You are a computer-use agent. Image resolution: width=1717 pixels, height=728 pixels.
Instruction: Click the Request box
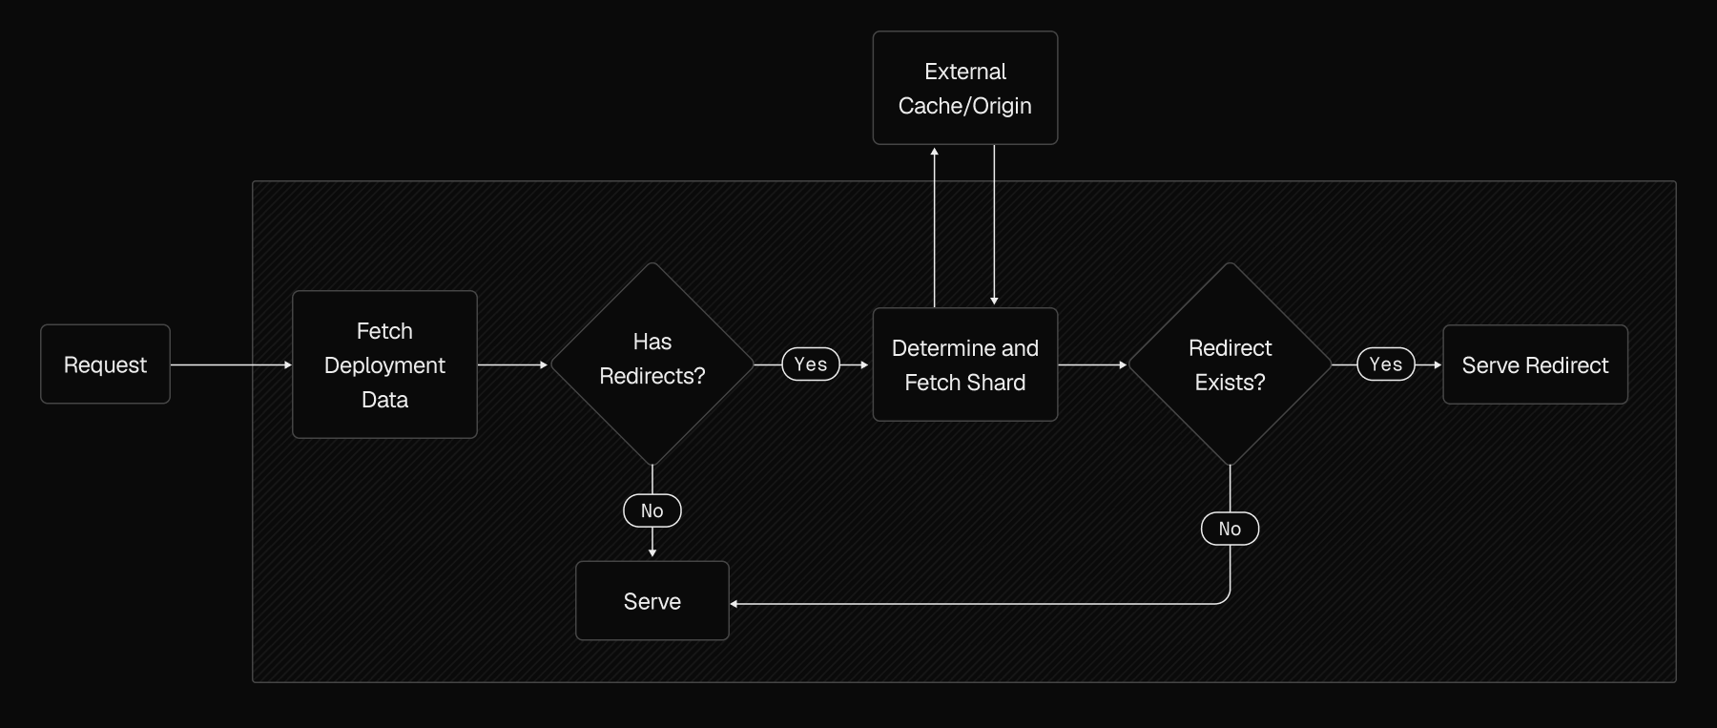[105, 364]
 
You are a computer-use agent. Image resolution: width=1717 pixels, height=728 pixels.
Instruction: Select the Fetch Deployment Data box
[384, 364]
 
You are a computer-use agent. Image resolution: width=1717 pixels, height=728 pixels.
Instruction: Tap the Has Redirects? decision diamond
[652, 364]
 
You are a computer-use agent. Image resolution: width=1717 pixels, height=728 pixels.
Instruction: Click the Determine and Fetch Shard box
[964, 364]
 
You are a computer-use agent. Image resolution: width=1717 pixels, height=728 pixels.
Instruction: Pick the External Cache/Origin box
[964, 88]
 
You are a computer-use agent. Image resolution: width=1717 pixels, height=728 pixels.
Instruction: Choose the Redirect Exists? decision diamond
[1230, 364]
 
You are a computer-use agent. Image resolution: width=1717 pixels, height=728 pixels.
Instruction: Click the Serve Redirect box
[1535, 364]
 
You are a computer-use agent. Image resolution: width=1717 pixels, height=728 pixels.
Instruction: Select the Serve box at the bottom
[652, 601]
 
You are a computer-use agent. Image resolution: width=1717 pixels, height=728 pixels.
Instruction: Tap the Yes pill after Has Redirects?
[811, 364]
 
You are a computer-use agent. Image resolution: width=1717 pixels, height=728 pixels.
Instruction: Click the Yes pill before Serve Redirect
[1386, 364]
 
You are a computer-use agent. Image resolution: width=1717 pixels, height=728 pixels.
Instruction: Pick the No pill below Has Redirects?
[652, 510]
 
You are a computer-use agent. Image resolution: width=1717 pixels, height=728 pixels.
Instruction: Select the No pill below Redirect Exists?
[1230, 529]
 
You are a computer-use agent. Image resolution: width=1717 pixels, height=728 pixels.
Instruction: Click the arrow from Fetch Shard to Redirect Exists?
[1092, 364]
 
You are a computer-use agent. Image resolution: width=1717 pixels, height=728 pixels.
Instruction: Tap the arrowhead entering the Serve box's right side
[734, 604]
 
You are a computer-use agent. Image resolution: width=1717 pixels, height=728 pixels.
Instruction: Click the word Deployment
[384, 365]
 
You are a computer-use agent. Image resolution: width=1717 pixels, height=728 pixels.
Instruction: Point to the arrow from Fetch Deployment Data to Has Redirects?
[513, 364]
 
